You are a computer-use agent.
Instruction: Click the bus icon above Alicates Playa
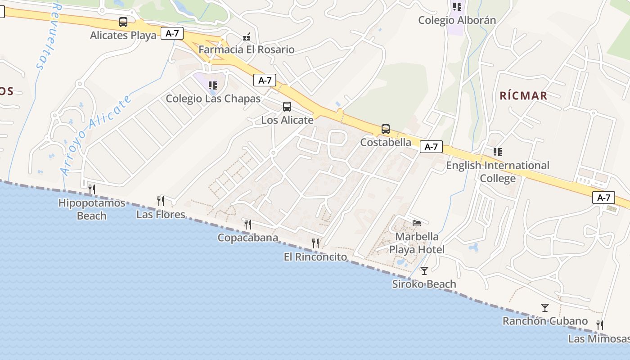(123, 22)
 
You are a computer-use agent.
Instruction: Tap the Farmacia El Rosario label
(247, 49)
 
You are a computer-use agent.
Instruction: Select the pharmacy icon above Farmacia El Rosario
(247, 37)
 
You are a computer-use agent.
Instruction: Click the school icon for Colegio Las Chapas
(213, 85)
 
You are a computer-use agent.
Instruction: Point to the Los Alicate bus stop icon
(287, 107)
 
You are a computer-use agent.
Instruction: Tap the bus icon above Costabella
(386, 129)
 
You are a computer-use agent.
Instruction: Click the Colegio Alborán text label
(457, 20)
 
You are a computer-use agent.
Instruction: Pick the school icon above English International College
(497, 152)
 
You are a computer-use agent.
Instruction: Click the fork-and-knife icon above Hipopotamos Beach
(92, 189)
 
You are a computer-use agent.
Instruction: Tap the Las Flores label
(161, 214)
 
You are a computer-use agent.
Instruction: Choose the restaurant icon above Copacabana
(247, 224)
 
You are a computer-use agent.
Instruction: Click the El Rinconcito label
(315, 257)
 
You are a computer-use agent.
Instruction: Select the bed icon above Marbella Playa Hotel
(417, 223)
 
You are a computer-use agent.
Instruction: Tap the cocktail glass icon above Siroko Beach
(424, 270)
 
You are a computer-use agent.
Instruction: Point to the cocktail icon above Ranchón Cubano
(545, 308)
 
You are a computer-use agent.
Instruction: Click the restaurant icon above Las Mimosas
(599, 325)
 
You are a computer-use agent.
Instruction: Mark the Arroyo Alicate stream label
(95, 135)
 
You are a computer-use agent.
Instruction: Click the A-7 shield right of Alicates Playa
(172, 33)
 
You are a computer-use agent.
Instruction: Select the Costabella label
(386, 142)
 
